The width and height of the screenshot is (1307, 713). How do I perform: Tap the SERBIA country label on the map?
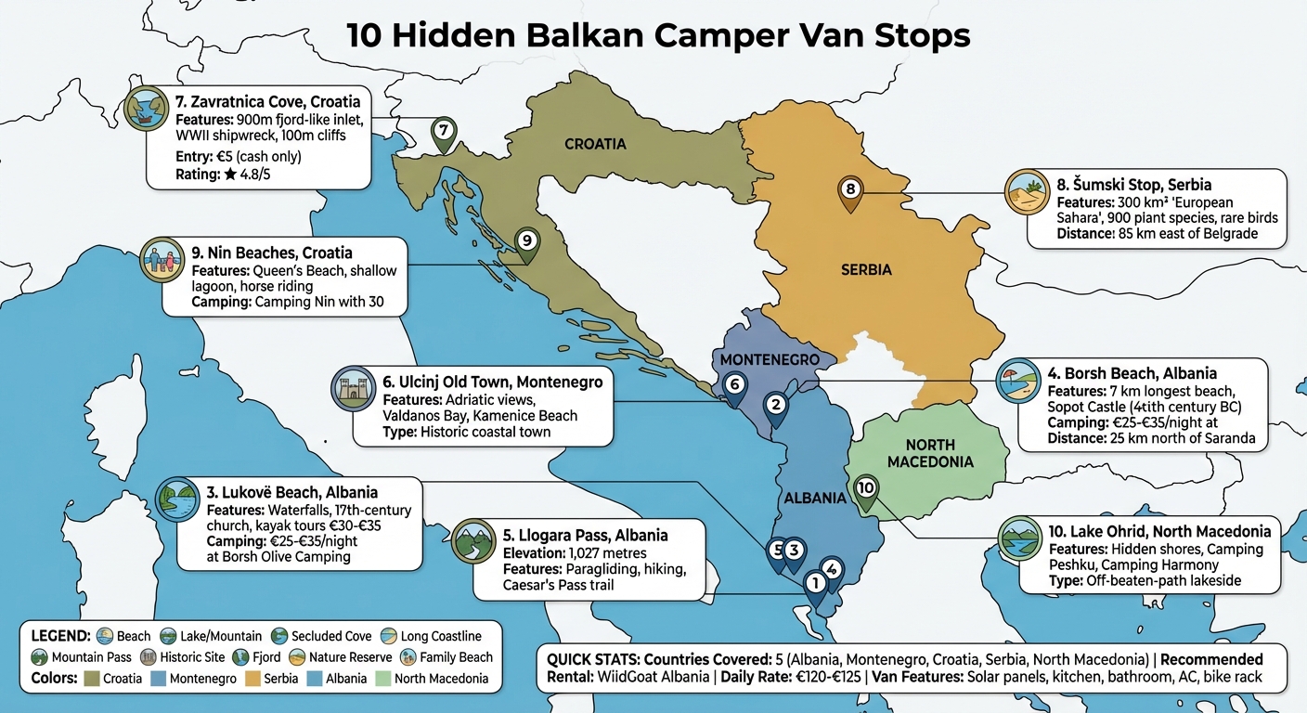pyautogui.click(x=865, y=270)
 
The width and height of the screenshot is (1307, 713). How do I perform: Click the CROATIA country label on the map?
pyautogui.click(x=595, y=144)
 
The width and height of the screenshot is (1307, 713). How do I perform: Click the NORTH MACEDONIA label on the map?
pyautogui.click(x=929, y=453)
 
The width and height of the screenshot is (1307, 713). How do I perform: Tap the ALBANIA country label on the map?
pyautogui.click(x=814, y=498)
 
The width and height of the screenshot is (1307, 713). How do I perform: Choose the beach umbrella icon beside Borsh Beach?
pyautogui.click(x=1017, y=380)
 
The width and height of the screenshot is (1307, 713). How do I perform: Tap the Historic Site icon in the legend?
pyautogui.click(x=148, y=657)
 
